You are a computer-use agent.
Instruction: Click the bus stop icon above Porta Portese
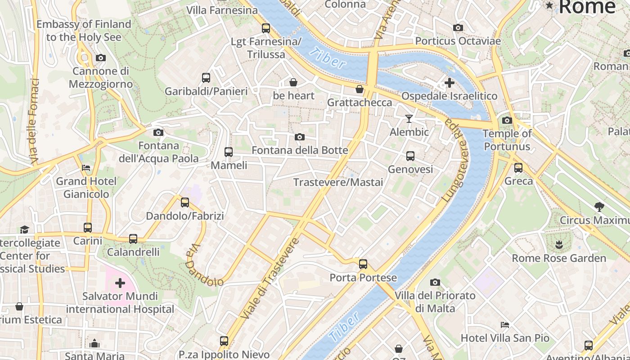point(363,264)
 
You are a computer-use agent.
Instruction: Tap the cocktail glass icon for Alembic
point(409,119)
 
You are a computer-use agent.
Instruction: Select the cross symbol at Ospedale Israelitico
point(449,83)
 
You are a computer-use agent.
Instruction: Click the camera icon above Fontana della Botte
point(299,137)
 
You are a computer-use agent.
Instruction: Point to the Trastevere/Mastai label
point(338,182)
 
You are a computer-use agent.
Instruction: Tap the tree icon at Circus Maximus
point(599,207)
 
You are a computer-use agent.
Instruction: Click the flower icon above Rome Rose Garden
point(559,245)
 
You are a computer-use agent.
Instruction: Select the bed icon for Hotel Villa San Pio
point(505,325)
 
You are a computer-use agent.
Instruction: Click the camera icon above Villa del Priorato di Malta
point(435,282)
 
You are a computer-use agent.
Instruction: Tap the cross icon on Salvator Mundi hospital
point(120,283)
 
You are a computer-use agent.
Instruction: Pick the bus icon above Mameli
point(229,152)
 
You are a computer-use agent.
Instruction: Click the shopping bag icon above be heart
point(293,82)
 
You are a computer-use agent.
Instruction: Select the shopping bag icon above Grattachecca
point(359,89)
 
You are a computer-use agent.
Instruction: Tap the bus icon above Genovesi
point(410,156)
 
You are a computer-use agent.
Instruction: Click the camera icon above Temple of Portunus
point(507,120)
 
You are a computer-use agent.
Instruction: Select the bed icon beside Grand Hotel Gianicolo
point(86,168)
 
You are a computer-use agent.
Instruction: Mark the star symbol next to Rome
point(549,5)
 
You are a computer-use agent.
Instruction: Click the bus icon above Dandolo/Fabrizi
point(184,202)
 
